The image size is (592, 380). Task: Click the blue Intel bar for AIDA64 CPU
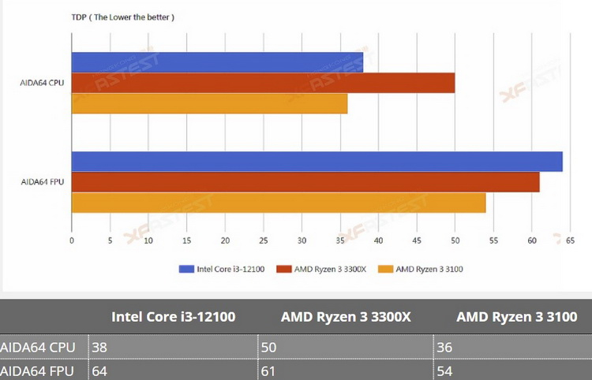(x=217, y=62)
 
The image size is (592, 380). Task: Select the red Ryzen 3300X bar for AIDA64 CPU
(x=263, y=83)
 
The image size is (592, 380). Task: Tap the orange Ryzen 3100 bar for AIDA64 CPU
(x=209, y=103)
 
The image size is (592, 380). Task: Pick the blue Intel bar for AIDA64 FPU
(x=317, y=162)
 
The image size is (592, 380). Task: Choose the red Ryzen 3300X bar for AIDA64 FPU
(x=305, y=182)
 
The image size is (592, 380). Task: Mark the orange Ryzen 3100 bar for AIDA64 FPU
(x=279, y=203)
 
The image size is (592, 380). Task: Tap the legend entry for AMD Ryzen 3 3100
(x=422, y=269)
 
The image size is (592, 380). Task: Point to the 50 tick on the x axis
(x=455, y=240)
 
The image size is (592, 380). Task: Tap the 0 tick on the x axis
(x=72, y=240)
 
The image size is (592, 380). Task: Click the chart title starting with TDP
(x=123, y=17)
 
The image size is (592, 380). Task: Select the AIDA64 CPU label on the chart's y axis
(x=43, y=83)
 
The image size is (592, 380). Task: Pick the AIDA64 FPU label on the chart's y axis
(x=43, y=182)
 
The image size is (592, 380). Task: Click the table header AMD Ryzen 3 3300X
(x=346, y=318)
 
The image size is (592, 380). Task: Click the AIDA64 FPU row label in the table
(x=39, y=371)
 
